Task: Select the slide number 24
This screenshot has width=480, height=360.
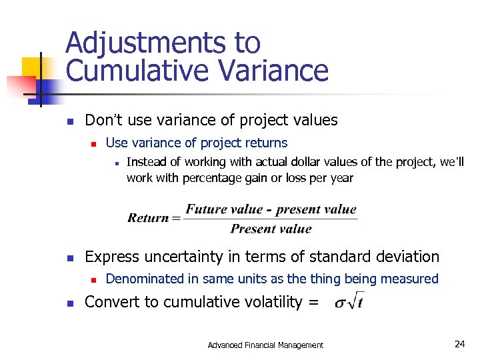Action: [459, 344]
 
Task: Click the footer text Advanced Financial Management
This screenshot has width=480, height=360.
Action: [265, 345]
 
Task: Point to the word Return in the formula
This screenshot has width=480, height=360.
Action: [149, 218]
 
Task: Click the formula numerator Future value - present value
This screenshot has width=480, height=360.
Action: [271, 209]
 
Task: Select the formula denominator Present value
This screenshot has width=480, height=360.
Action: [271, 229]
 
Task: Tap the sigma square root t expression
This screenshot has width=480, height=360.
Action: [349, 301]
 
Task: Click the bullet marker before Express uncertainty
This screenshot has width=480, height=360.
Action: [69, 257]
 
